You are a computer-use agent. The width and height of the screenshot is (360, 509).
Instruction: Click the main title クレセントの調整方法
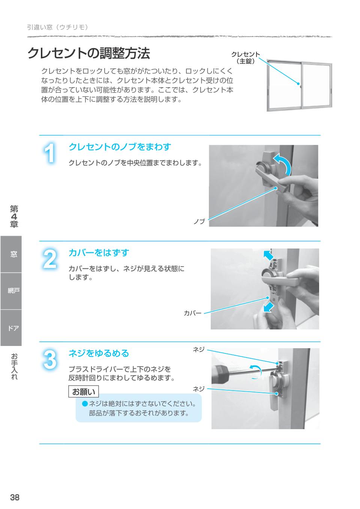pyautogui.click(x=88, y=54)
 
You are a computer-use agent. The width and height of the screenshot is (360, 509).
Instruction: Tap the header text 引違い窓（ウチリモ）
pyautogui.click(x=57, y=27)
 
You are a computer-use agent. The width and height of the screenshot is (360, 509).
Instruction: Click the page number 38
pyautogui.click(x=15, y=497)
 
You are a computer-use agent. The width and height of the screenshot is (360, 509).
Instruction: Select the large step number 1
pyautogui.click(x=49, y=154)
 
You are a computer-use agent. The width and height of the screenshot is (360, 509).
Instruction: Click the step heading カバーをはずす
pyautogui.click(x=99, y=253)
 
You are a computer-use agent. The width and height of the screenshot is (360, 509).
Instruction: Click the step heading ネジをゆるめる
pyautogui.click(x=99, y=353)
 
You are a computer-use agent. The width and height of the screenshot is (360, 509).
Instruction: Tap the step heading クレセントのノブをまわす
pyautogui.click(x=120, y=147)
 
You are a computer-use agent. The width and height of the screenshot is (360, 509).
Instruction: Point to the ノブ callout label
pyautogui.click(x=199, y=222)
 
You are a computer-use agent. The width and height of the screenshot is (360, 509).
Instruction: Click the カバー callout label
pyautogui.click(x=192, y=313)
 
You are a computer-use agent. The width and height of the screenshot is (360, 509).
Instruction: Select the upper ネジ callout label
pyautogui.click(x=199, y=349)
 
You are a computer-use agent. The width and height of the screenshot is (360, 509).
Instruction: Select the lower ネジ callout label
pyautogui.click(x=199, y=389)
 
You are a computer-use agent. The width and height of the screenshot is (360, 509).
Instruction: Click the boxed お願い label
pyautogui.click(x=84, y=392)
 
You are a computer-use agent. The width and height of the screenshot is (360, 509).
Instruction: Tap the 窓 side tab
pyautogui.click(x=13, y=254)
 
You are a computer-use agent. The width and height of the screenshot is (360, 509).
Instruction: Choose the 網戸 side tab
pyautogui.click(x=13, y=291)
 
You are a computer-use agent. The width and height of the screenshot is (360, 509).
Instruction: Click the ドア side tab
pyautogui.click(x=13, y=328)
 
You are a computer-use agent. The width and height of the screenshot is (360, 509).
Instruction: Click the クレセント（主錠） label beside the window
pyautogui.click(x=246, y=58)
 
